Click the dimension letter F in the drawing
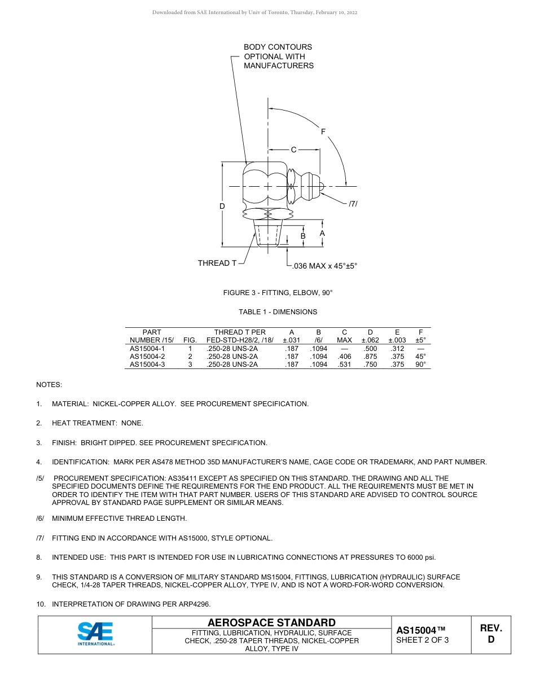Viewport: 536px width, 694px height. tap(323, 131)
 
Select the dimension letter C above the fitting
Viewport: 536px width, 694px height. tap(293, 150)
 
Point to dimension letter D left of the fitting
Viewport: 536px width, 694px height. tap(222, 207)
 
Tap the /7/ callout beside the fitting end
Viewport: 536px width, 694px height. tap(353, 203)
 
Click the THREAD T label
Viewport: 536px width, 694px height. tap(217, 263)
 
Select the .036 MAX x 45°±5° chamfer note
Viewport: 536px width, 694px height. tap(325, 266)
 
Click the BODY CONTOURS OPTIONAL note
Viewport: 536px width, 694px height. tap(278, 56)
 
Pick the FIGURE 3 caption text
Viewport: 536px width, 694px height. tap(278, 293)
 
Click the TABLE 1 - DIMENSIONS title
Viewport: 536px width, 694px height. tap(278, 312)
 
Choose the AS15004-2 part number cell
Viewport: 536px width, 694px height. tap(147, 357)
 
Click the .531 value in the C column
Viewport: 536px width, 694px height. tap(344, 364)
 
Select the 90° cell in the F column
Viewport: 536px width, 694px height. tap(421, 364)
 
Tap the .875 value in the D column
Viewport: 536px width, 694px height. tap(370, 357)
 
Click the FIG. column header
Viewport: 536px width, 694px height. tap(190, 340)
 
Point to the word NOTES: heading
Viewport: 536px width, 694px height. tap(49, 385)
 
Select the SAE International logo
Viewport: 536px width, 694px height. tap(95, 634)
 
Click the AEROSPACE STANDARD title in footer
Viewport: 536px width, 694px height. tap(272, 623)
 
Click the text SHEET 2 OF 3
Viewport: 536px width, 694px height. tap(423, 640)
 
